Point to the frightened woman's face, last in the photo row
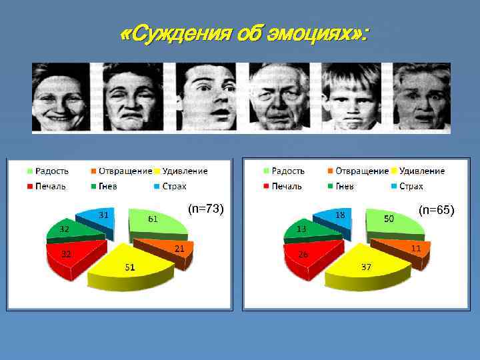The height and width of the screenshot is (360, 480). coord(422,99)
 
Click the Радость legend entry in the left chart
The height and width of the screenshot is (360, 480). coord(46,171)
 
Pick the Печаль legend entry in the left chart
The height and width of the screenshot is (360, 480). coord(46,186)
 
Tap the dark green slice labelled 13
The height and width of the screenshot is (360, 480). coord(302,229)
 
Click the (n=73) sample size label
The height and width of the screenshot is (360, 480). coord(205,209)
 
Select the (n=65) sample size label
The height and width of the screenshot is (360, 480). coord(436,211)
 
